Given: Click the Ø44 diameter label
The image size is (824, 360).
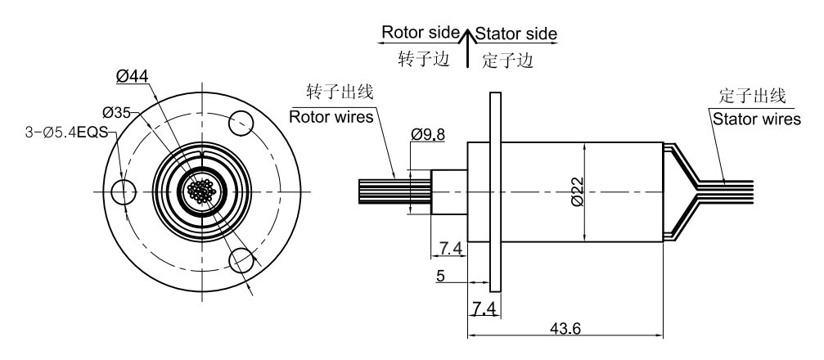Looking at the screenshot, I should click(132, 76).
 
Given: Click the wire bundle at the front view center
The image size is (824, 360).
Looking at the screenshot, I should click(201, 191).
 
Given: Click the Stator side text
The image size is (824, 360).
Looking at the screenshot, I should click(516, 34).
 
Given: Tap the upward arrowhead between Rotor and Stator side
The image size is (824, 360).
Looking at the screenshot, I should click(466, 35).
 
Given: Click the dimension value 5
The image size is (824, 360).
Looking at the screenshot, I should click(439, 277).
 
